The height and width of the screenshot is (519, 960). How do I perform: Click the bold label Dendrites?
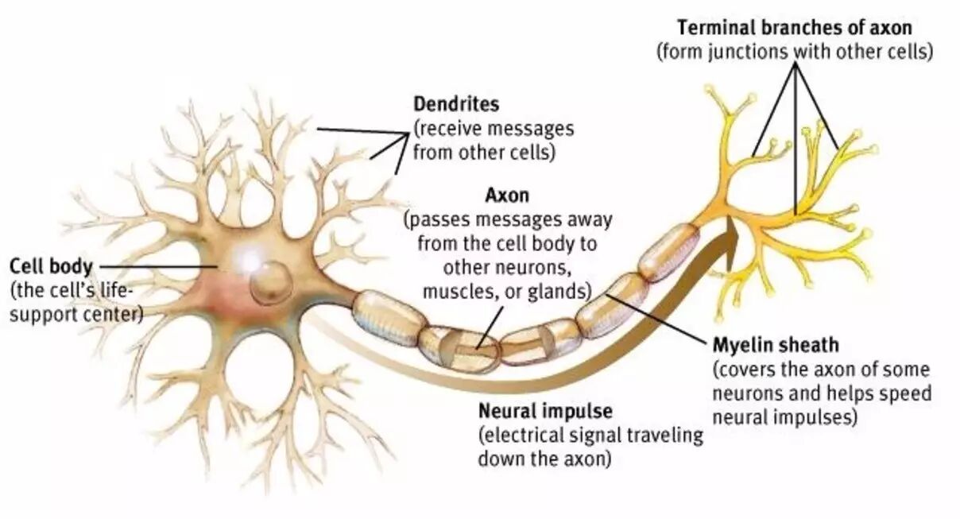pyautogui.click(x=456, y=104)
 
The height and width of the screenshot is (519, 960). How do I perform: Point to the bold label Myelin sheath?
pyautogui.click(x=765, y=347)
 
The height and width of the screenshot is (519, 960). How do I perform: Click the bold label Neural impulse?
pyautogui.click(x=545, y=412)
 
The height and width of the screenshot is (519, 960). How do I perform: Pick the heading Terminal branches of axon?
pyautogui.click(x=794, y=28)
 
